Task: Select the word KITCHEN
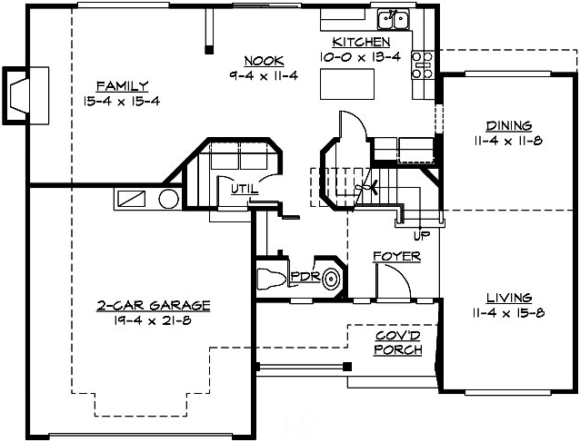pos(361,42)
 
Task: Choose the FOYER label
pos(396,257)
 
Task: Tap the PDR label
pos(303,277)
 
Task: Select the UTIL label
pos(244,190)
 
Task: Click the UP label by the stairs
pos(421,236)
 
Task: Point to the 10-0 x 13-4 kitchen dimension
pos(360,56)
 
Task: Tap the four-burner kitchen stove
pos(423,63)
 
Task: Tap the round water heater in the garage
pos(170,200)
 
